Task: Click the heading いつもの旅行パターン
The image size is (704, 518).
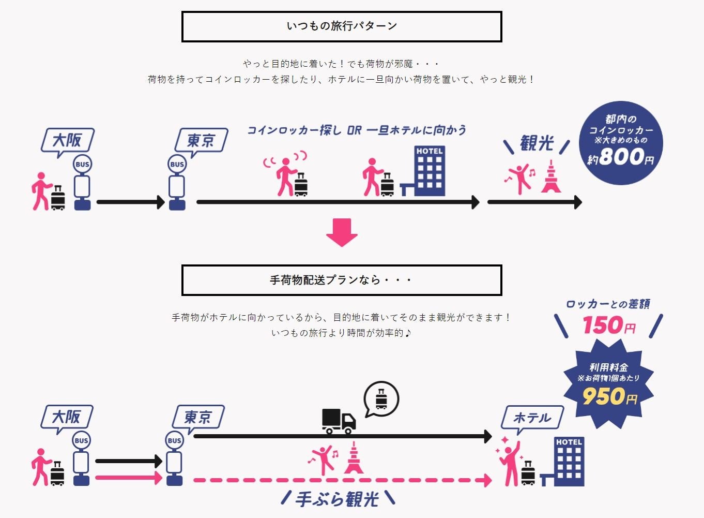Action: click(x=342, y=26)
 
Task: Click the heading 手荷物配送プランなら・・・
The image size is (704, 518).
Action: click(x=342, y=280)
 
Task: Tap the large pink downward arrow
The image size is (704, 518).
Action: click(x=342, y=232)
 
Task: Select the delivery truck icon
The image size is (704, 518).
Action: click(x=339, y=421)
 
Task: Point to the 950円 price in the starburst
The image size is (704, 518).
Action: click(x=609, y=397)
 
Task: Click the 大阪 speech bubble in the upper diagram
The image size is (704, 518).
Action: click(x=68, y=140)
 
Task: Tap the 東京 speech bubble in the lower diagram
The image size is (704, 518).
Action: click(x=198, y=417)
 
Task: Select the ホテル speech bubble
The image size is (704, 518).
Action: click(x=532, y=418)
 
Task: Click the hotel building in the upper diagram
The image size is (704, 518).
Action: click(x=430, y=171)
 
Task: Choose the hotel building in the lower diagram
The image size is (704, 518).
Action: click(x=569, y=462)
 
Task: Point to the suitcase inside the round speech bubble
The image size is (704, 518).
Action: click(x=381, y=399)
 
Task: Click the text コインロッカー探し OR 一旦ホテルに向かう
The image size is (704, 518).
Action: click(x=357, y=130)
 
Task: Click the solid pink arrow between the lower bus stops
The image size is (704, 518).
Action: click(x=129, y=478)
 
